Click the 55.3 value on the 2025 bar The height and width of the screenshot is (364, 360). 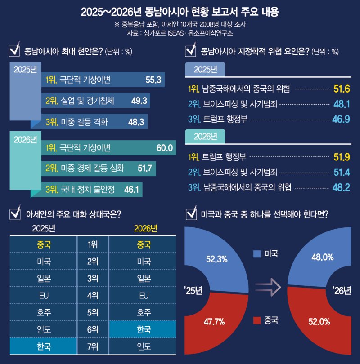(153, 80)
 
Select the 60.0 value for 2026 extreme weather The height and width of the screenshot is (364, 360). (164, 148)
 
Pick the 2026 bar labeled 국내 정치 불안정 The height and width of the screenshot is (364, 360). (90, 190)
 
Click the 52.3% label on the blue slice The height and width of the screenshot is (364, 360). (216, 259)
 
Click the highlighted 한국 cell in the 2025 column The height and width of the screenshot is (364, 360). (44, 346)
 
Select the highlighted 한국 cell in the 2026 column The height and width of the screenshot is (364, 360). (144, 329)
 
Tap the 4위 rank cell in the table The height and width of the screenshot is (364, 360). (93, 296)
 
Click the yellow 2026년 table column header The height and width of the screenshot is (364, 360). (146, 228)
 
